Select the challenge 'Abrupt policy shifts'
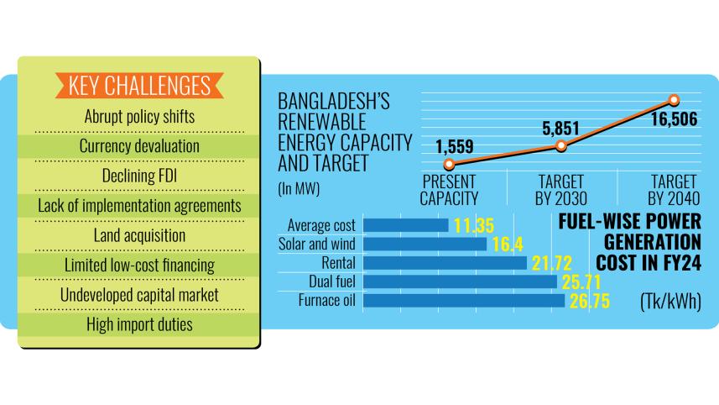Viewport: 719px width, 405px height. [139, 116]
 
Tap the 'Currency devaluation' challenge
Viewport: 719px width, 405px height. [139, 146]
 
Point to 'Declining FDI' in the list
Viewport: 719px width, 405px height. [139, 176]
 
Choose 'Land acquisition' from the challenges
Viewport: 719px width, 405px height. [139, 235]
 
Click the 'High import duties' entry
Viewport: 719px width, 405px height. [139, 324]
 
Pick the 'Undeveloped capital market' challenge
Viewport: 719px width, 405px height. [139, 295]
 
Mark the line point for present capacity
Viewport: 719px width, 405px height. [449, 165]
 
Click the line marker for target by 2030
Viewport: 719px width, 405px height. [561, 146]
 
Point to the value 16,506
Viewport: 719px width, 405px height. [674, 122]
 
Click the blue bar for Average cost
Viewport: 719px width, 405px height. [408, 225]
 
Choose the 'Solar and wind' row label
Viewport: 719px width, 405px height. [316, 245]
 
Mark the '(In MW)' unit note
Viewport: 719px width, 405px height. [298, 189]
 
